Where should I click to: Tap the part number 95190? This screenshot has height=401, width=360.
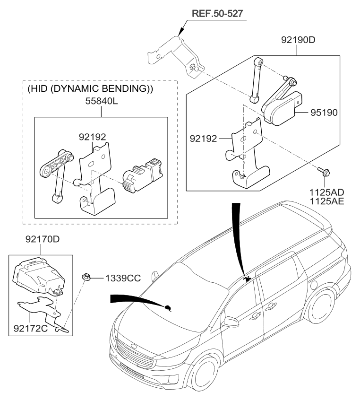326,113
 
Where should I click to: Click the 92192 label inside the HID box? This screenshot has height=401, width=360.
92,137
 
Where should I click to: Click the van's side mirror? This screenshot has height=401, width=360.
231,323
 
